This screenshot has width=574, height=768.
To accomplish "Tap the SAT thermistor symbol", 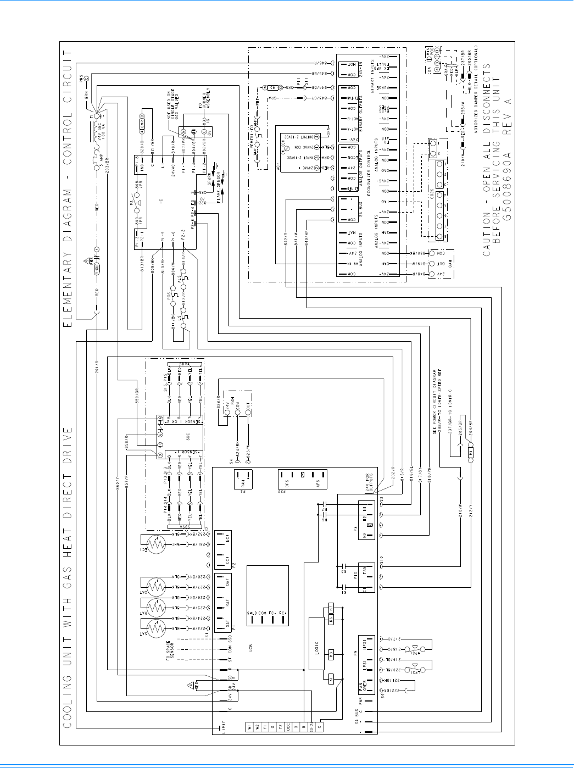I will [x=157, y=627].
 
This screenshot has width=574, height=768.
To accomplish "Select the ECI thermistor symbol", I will [x=157, y=544].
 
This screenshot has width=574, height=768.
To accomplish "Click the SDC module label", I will [x=188, y=437].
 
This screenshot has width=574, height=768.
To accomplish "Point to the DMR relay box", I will [x=142, y=118].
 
